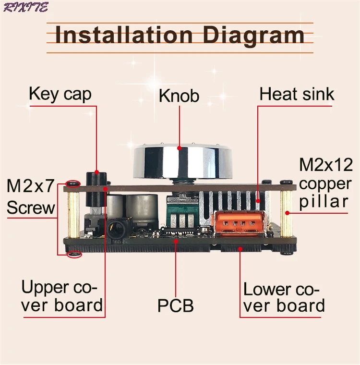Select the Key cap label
60,94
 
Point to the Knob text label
179,96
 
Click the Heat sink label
297,94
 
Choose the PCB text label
175,305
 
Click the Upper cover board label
61,296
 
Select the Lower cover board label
283,298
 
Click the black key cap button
96,177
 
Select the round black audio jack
116,229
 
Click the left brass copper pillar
73,214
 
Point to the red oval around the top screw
72,183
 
